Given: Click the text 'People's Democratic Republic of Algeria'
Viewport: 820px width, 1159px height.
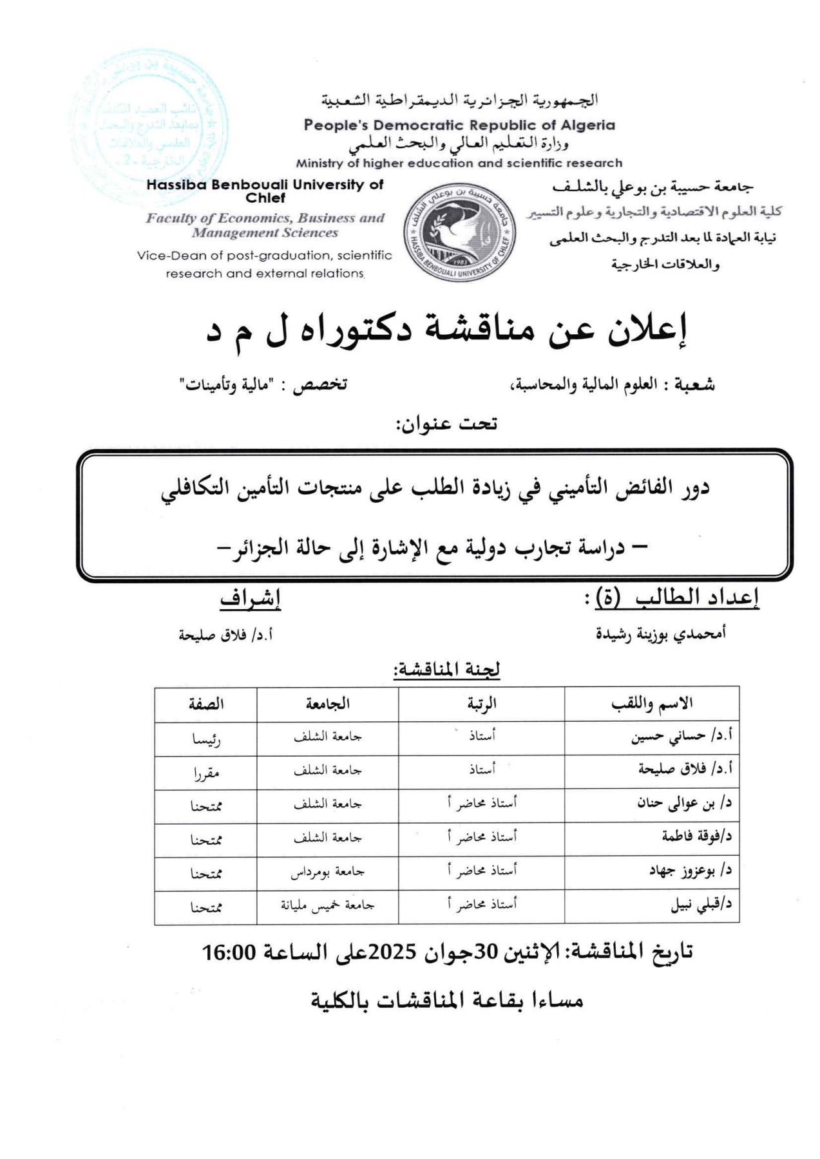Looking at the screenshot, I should click(x=459, y=125).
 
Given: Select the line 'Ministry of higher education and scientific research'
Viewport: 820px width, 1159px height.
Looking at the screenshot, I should click(x=459, y=163).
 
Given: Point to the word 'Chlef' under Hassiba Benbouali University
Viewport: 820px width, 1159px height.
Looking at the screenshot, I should click(x=265, y=198).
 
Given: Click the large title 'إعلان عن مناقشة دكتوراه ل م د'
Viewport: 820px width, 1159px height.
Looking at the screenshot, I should click(x=446, y=330).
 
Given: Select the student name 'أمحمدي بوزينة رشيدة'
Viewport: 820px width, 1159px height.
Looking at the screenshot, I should click(x=660, y=634).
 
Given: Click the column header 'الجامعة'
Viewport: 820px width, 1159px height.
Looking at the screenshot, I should click(x=327, y=704).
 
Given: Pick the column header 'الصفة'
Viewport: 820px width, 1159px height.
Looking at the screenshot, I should click(x=205, y=704).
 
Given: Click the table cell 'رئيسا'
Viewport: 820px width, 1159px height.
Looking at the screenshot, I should click(x=206, y=739).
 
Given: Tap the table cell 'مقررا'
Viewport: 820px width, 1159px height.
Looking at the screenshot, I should click(x=206, y=773).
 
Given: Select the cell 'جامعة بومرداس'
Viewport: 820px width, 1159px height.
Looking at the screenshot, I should click(x=327, y=872).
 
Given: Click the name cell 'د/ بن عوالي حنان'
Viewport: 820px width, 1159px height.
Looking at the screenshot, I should click(x=684, y=804).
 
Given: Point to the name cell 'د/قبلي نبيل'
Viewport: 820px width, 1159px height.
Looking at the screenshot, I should click(x=701, y=906).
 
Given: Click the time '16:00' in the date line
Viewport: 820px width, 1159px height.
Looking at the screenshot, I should click(x=230, y=952).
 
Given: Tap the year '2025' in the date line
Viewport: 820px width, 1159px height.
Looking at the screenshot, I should click(x=390, y=952).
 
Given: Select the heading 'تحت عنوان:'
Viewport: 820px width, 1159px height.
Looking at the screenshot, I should click(x=446, y=424).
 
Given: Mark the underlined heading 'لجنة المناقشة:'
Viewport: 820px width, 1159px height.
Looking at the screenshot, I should click(x=446, y=670).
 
